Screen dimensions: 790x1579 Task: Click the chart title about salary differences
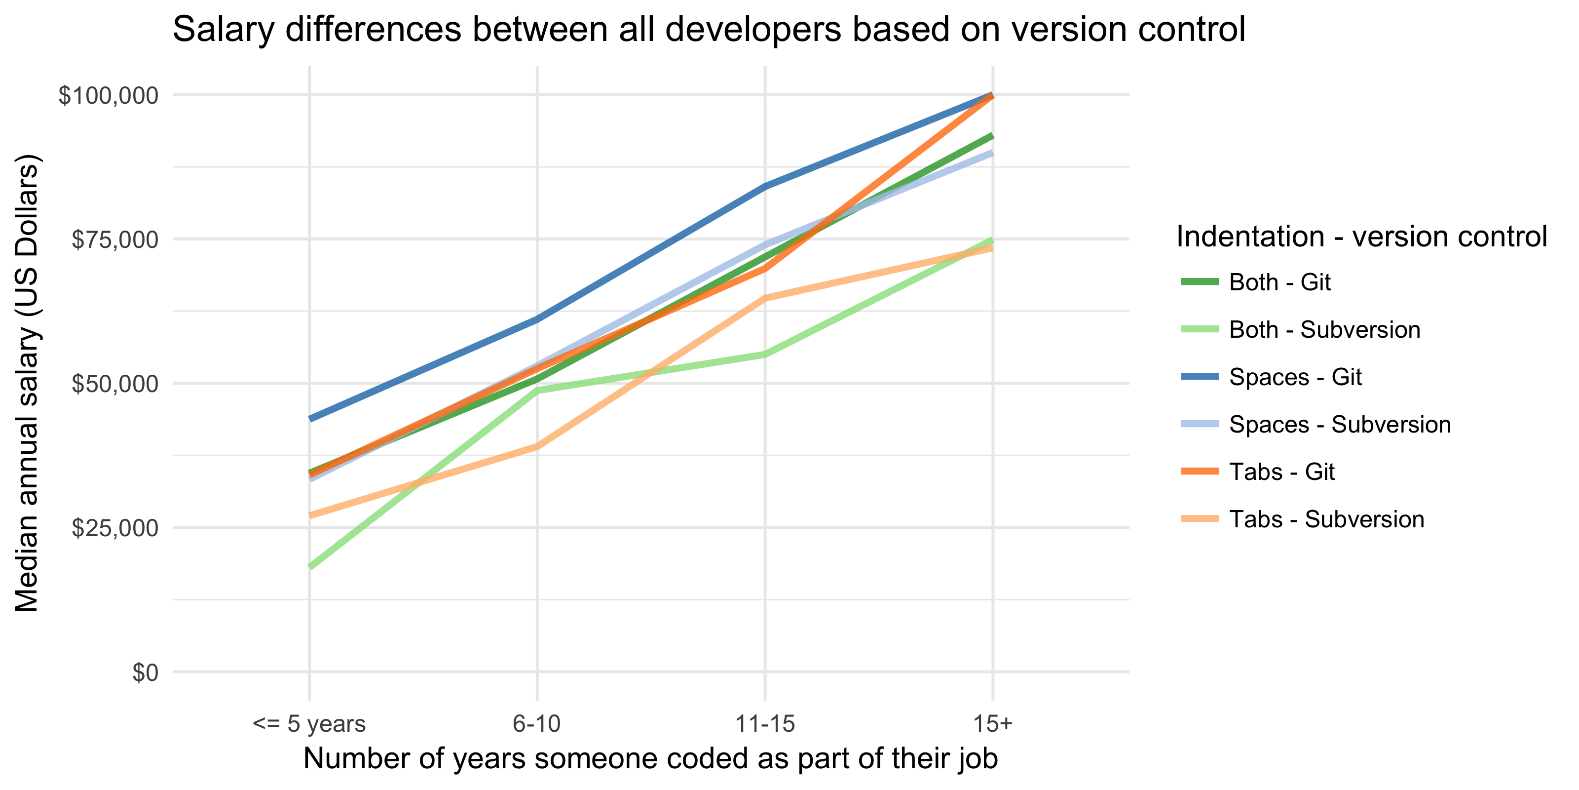[x=709, y=30]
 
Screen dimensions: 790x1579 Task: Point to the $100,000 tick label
[x=108, y=96]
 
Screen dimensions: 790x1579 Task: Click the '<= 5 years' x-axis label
[x=309, y=724]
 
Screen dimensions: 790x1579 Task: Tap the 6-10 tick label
[x=537, y=724]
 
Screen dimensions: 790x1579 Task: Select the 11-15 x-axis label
[x=765, y=724]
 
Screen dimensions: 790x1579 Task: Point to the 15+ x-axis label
[x=993, y=724]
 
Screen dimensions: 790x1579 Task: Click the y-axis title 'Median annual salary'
[x=27, y=383]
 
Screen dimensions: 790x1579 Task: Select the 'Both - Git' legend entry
[x=1280, y=282]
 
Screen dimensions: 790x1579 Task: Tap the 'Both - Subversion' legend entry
[x=1324, y=330]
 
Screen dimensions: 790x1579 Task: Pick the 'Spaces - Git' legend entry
[x=1295, y=377]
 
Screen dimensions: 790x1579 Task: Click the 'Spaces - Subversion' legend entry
[x=1339, y=425]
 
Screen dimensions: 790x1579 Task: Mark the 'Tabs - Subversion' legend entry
[x=1326, y=519]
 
